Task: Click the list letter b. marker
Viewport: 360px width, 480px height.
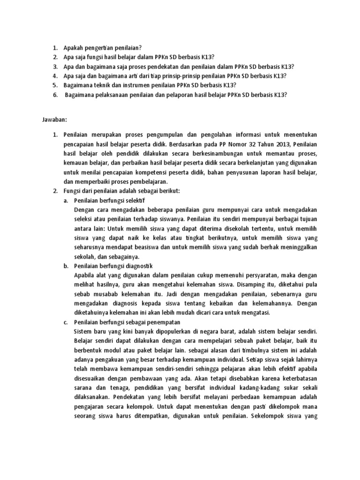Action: (65, 266)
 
